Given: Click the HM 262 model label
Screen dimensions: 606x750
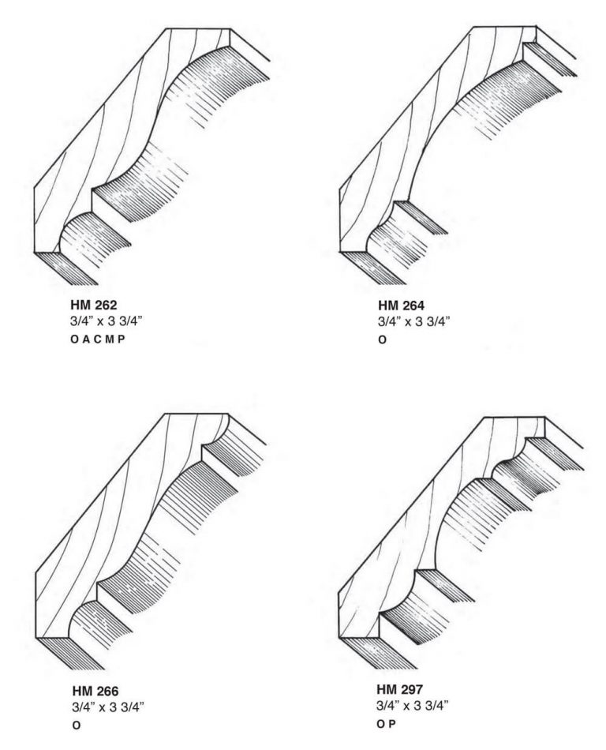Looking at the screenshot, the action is tap(94, 305).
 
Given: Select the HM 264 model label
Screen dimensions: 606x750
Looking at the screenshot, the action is tap(401, 306).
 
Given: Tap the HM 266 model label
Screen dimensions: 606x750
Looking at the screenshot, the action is tap(95, 691).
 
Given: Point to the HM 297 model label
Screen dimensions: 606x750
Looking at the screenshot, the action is tap(399, 689).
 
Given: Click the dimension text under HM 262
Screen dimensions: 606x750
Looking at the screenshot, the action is tap(107, 321).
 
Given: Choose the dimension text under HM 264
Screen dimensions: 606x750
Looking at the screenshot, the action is tap(414, 321).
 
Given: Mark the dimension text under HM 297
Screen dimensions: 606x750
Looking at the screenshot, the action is tap(413, 706).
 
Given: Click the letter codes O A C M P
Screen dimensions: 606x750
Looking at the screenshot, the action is tap(98, 339).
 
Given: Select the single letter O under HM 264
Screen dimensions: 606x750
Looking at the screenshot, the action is tap(383, 340).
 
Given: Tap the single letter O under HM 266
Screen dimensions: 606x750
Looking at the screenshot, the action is tap(77, 726).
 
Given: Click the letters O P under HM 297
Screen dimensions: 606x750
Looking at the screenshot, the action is tap(386, 724).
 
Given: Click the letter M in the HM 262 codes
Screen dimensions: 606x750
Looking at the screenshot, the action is tap(110, 339).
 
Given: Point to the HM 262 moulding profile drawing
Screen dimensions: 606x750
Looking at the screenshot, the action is tap(152, 157).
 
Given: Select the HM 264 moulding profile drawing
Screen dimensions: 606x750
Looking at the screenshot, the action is tap(458, 156).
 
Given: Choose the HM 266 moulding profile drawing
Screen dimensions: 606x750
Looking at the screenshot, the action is tap(151, 542).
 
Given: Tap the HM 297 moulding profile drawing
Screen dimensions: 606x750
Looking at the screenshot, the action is tap(461, 543).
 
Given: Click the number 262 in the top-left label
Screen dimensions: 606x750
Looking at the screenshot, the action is tap(105, 305).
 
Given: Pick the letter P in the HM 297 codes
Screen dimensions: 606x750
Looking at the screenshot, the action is tap(392, 724).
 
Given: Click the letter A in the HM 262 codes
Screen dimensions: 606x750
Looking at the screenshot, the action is tap(86, 339).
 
